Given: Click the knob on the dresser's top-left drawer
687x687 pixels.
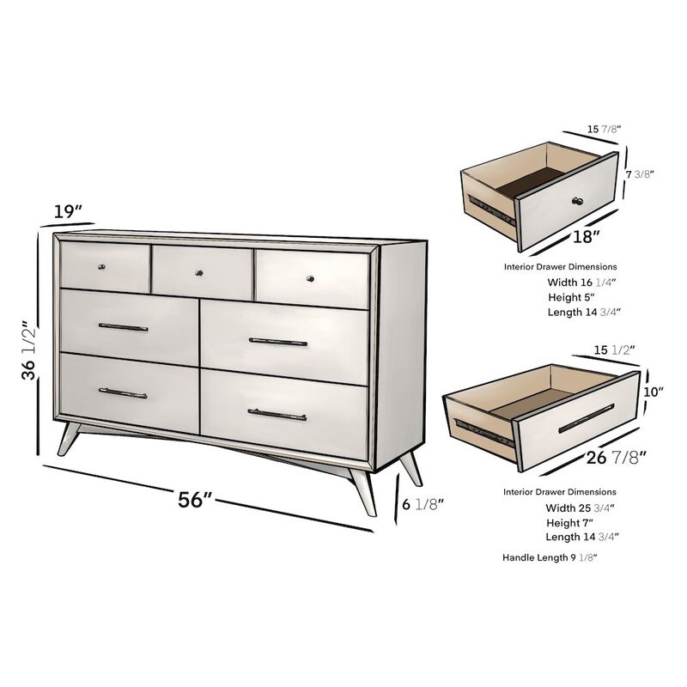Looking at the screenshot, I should [103, 266].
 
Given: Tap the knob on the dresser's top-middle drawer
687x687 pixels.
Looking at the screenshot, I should [201, 273].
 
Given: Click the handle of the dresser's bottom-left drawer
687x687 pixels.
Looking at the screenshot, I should [123, 393].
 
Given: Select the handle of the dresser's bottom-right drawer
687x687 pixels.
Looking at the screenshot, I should [277, 415].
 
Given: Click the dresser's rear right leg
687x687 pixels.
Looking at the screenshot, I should [413, 467].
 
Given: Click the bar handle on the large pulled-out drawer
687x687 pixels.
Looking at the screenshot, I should [586, 418].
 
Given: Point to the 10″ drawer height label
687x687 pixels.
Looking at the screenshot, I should [654, 392].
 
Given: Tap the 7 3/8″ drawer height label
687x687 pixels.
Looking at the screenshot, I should [640, 173].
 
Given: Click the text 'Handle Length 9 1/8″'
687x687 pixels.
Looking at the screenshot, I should [550, 557].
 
